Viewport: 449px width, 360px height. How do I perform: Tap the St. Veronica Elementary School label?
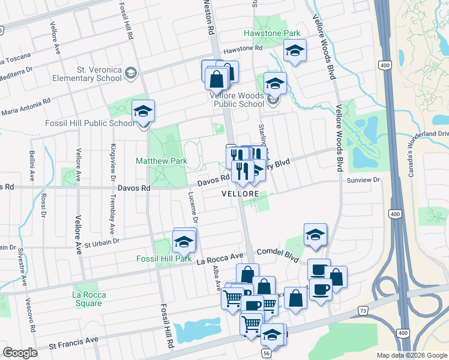pyautogui.click(x=88, y=73)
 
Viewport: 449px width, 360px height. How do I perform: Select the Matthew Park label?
pyautogui.click(x=161, y=161)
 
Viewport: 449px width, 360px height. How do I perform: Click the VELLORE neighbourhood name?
pyautogui.click(x=240, y=194)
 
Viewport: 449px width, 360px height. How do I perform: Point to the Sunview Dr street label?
pyautogui.click(x=364, y=180)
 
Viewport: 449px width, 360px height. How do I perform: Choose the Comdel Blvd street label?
pyautogui.click(x=277, y=253)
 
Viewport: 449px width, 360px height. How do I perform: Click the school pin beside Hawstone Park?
pyautogui.click(x=295, y=52)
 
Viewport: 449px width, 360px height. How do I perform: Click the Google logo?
pyautogui.click(x=20, y=353)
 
